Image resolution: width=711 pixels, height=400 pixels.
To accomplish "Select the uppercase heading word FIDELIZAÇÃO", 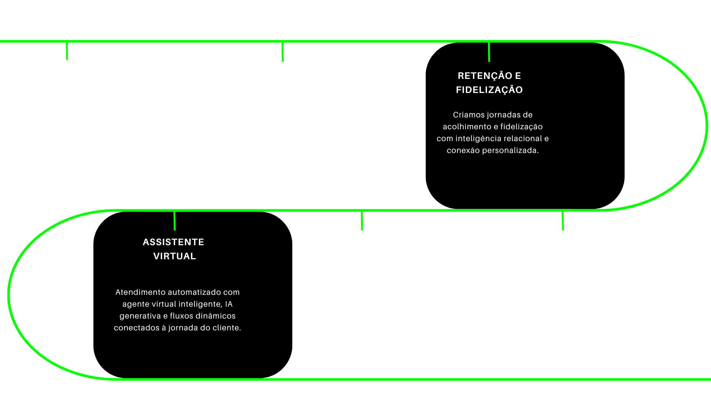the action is (489, 90).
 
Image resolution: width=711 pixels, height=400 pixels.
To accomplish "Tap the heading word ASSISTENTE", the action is (173, 242).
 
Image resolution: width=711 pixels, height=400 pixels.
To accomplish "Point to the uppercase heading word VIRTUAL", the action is (174, 256).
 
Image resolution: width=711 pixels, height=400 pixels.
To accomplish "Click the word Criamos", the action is (468, 115).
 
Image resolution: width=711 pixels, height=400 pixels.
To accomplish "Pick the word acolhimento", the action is (467, 127).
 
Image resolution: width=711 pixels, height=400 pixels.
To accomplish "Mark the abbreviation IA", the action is (229, 304).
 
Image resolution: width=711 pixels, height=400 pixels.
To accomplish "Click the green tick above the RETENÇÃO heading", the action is (489, 52).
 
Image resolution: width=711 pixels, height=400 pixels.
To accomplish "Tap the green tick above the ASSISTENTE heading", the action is (175, 221).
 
